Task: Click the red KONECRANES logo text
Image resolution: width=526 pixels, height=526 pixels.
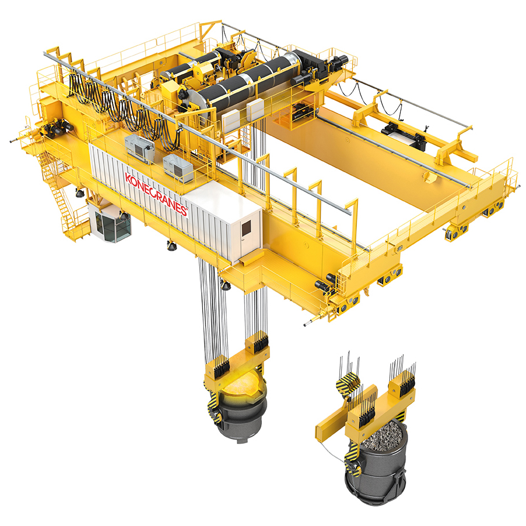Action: click(x=156, y=194)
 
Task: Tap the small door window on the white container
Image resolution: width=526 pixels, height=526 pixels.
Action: click(x=247, y=228)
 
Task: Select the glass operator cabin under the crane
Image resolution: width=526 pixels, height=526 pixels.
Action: click(x=109, y=223)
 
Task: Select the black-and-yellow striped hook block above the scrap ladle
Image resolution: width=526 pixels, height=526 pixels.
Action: click(x=348, y=383)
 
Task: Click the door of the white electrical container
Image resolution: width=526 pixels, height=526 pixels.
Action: click(x=247, y=232)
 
